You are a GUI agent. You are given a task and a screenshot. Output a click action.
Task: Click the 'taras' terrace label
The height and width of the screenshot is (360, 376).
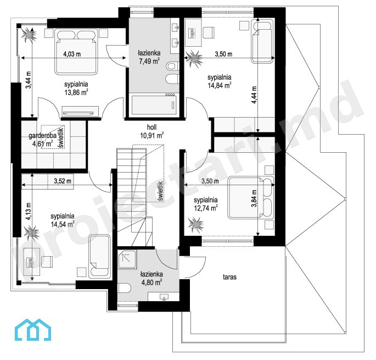pos(230,277)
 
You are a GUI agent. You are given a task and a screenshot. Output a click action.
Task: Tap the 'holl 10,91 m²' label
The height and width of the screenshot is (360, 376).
pos(152,131)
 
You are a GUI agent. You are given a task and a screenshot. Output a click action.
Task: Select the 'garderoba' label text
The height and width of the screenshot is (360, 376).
pos(42,136)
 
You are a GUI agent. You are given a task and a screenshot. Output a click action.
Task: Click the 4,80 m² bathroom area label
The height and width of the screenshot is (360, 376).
pos(152,282)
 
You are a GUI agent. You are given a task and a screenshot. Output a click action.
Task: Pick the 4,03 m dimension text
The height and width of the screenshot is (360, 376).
pos(72,54)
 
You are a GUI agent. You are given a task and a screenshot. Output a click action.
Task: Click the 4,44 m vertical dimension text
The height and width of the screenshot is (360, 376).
pos(254,95)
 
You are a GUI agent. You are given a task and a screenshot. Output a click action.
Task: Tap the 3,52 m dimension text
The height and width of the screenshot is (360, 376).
pos(63,181)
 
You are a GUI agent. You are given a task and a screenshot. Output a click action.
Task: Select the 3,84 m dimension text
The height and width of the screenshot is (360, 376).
pos(254,198)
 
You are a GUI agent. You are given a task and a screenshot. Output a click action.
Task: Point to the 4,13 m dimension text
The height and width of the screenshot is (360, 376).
pos(29,212)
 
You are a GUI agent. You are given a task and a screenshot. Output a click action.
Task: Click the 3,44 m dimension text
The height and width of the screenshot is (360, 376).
pos(29,80)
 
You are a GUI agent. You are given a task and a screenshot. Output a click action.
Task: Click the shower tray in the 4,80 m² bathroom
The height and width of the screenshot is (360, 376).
pos(127,259)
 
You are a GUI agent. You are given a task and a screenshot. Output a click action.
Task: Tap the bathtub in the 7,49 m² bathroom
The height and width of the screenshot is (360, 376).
pos(154,105)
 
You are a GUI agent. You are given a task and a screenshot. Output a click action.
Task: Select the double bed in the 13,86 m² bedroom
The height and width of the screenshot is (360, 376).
pos(77,51)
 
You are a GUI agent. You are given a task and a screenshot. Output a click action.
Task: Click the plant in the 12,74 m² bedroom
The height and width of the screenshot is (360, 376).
pos(196,225)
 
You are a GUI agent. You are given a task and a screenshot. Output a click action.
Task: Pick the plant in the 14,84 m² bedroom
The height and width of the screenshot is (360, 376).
pos(194,58)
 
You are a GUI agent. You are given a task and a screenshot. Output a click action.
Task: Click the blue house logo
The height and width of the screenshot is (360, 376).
pos(33,330)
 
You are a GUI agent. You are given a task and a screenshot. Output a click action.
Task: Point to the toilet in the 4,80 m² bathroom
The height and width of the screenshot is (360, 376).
pos(124,287)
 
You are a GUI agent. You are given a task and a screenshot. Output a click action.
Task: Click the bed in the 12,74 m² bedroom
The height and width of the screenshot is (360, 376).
pos(251,198)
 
